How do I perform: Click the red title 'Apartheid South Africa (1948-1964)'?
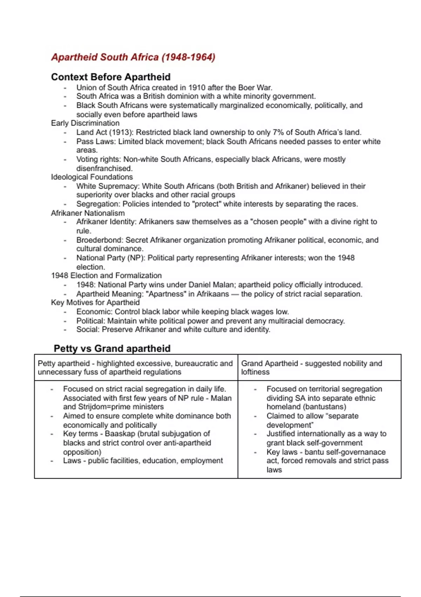pos(133,57)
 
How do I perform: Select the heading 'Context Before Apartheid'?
pos(111,77)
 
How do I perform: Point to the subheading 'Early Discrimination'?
pos(85,123)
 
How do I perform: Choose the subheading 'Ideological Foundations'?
pos(92,177)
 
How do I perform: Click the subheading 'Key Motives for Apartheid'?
pos(95,303)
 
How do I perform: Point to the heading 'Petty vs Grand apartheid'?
pos(112,348)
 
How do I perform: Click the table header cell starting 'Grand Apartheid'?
pos(311,367)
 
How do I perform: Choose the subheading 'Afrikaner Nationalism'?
pos(88,213)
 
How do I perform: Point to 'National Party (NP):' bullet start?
pos(111,258)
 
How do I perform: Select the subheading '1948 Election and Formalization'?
pos(106,276)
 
